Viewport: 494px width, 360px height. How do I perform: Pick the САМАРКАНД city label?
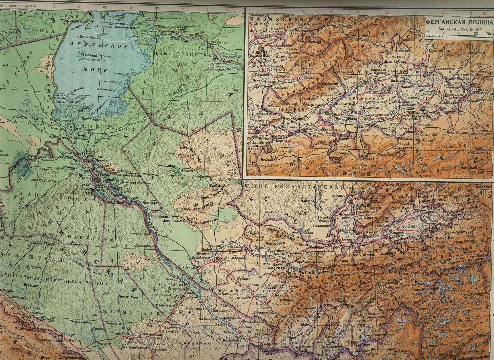[275, 268]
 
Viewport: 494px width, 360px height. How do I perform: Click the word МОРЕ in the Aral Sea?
[92, 70]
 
